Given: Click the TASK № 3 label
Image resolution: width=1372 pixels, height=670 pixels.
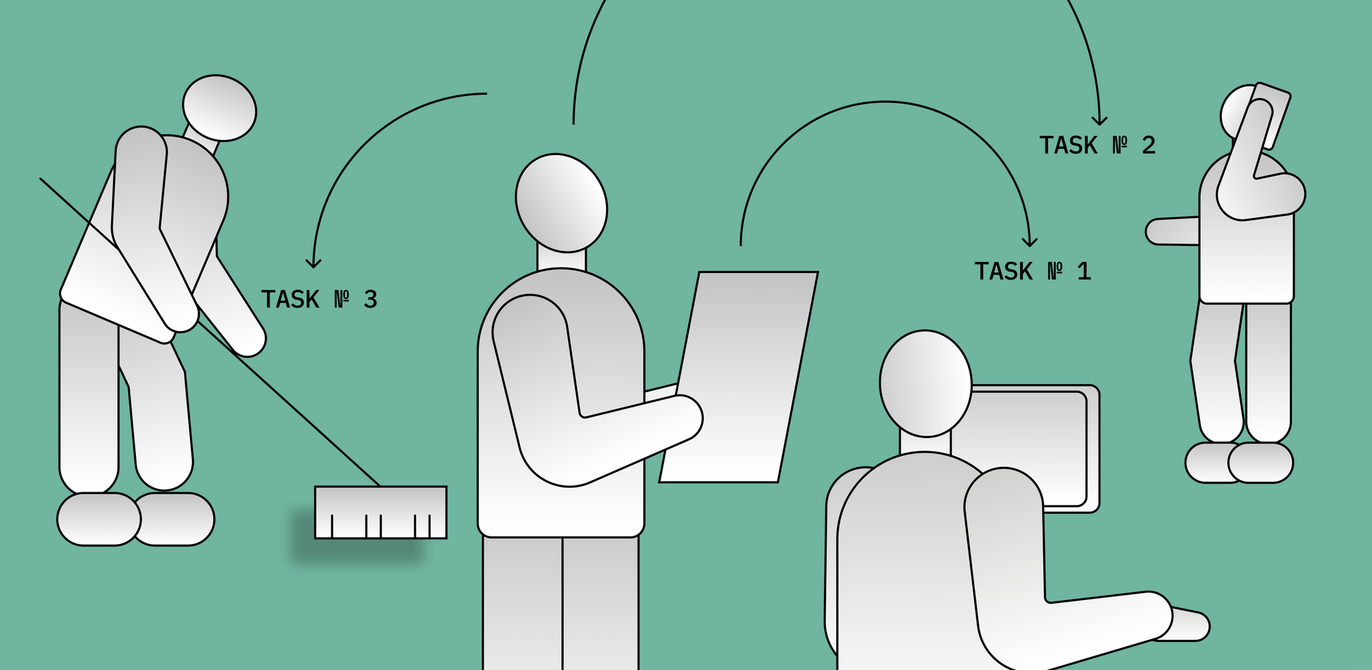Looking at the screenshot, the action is [319, 300].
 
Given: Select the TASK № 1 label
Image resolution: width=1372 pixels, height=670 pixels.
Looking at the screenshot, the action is [1032, 272].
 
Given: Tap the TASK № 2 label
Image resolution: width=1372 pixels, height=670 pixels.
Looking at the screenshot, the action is [1098, 145].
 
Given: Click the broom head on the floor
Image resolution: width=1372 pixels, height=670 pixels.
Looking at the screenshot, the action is [381, 512].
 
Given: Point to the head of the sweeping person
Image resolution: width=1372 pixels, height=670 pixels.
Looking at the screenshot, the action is [220, 108].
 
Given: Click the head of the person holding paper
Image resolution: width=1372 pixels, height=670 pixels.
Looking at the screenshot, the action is [561, 203].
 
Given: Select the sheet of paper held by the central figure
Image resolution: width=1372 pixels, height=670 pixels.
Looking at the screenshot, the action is [739, 377].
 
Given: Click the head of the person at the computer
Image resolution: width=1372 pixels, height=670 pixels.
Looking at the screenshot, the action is [925, 383].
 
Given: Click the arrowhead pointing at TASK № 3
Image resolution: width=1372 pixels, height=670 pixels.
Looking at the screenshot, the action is [314, 263].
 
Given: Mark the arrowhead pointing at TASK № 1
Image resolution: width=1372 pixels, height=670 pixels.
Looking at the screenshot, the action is [1029, 241].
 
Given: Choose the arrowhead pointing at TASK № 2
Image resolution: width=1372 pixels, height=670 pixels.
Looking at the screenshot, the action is [1100, 121].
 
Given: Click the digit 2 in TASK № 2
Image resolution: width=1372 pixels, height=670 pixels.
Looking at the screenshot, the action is [1149, 145].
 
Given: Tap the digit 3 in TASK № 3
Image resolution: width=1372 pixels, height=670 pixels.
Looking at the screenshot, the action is [370, 300].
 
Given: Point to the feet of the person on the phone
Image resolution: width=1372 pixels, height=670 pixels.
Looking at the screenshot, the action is [1239, 463].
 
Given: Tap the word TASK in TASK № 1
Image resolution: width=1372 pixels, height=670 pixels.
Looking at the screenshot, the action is [1004, 272].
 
